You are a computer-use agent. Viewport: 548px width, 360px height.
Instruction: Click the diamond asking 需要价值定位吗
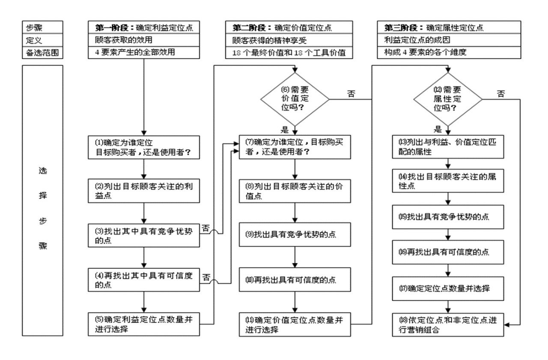[295, 99]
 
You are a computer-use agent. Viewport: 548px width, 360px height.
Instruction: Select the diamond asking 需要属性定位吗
[448, 99]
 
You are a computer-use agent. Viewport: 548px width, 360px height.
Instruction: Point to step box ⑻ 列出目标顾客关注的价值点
[295, 191]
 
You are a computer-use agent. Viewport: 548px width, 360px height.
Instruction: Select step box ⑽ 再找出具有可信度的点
[295, 280]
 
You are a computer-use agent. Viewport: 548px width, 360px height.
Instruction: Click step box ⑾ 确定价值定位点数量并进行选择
[295, 324]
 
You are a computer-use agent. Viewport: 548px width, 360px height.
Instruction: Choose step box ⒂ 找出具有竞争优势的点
[448, 217]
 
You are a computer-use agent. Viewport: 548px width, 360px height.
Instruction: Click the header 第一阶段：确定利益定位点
[145, 28]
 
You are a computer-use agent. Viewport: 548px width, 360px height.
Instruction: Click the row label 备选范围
[42, 53]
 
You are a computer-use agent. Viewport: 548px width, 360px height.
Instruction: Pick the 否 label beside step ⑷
[206, 277]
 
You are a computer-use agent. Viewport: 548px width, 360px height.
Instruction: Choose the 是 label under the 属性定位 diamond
[438, 129]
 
